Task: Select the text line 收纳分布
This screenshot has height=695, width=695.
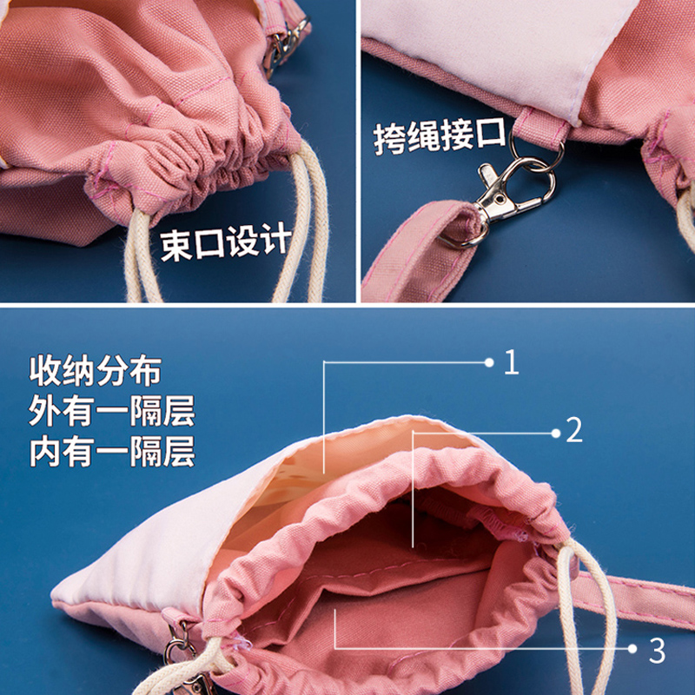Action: [x=95, y=371]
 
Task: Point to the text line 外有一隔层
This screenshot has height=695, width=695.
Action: [x=111, y=411]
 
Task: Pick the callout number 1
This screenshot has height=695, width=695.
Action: [x=511, y=361]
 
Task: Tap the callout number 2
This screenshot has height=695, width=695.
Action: [x=573, y=430]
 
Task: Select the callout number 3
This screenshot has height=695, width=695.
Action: [x=656, y=648]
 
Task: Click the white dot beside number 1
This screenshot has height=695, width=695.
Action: [x=488, y=361]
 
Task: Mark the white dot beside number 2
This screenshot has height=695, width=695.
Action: [x=553, y=430]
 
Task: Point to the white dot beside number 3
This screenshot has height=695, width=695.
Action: [x=632, y=648]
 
